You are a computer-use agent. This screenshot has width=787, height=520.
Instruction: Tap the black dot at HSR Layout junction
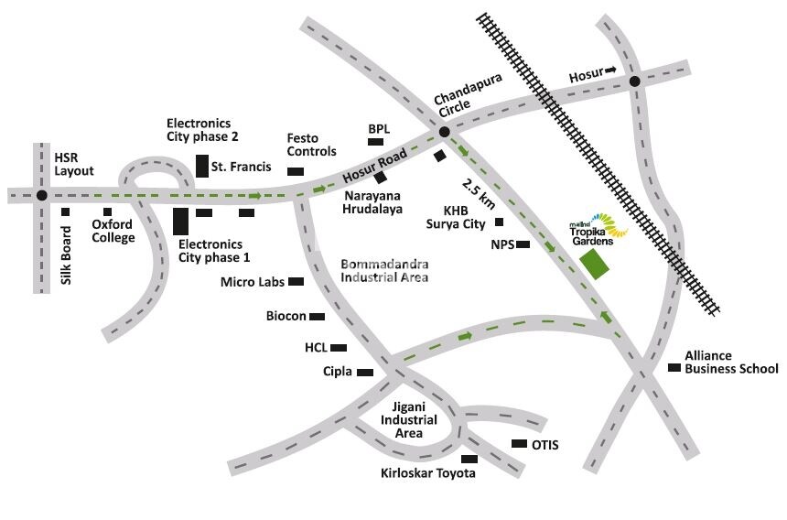pos(41,195)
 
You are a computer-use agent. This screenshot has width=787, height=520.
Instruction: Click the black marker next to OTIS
pos(519,444)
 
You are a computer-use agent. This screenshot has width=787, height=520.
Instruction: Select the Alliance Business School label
pos(732,363)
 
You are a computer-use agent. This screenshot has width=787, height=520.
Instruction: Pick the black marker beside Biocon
pos(318,317)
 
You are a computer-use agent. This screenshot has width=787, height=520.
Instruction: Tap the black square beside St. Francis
pos(201,166)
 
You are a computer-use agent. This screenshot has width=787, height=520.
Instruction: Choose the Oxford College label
pos(113,232)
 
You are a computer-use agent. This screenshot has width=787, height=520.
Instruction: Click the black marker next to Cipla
pos(365,373)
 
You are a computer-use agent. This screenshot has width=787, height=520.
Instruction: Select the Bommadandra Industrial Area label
pos(384,270)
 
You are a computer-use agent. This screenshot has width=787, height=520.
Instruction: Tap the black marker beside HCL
pos(339,348)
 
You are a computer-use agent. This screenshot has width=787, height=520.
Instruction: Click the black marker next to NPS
pos(523,244)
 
